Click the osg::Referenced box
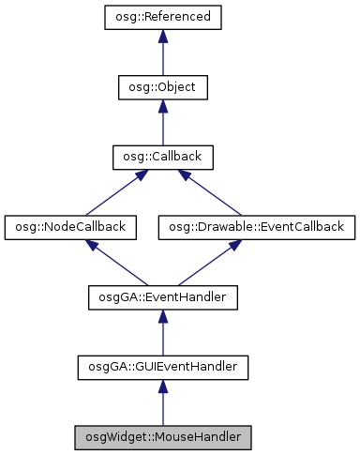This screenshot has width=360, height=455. pyautogui.click(x=162, y=17)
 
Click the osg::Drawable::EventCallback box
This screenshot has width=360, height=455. pyautogui.click(x=257, y=226)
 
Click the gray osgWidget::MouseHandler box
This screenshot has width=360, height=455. pyautogui.click(x=162, y=436)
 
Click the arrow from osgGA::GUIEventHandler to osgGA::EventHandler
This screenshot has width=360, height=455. pyautogui.click(x=162, y=334)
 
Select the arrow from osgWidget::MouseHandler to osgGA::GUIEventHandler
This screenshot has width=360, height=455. pyautogui.click(x=162, y=403)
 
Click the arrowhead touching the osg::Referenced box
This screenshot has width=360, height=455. pyautogui.click(x=162, y=36)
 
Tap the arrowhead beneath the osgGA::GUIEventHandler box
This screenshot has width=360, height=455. pyautogui.click(x=162, y=386)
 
